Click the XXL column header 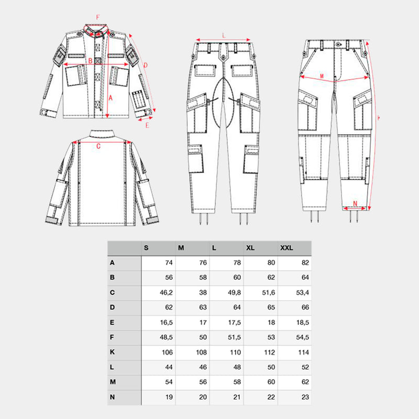286,247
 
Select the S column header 146,247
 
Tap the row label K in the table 113,352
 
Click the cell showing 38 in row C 202,292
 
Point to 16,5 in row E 165,322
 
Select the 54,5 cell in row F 301,337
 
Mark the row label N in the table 113,397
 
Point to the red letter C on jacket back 98,146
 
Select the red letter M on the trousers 322,76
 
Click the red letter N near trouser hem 355,203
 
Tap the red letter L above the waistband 224,36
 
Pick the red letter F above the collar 97,17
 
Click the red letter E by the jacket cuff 147,125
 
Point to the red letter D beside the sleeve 145,65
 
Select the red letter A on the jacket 111,97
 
